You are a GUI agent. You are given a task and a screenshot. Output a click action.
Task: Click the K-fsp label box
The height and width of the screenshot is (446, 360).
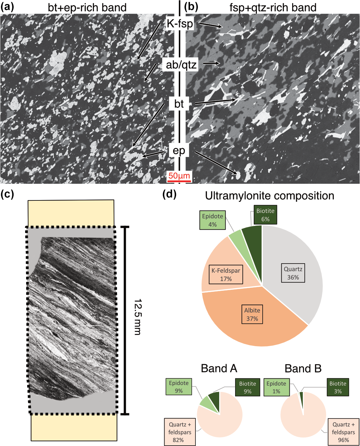pos(179,24)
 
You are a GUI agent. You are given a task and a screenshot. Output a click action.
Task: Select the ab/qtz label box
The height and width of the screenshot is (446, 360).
pos(179,64)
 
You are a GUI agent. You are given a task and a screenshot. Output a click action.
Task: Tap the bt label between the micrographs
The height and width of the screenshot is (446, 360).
pos(179,104)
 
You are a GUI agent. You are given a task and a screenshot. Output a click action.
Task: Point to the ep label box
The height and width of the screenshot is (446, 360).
pos(179,150)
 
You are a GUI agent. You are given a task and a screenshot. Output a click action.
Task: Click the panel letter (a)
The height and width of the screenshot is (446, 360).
pos(7,6)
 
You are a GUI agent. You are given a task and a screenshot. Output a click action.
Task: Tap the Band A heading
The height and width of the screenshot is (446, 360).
pos(219,368)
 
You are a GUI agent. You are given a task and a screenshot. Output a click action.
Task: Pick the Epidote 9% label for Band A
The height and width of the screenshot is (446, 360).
pos(179,387)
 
